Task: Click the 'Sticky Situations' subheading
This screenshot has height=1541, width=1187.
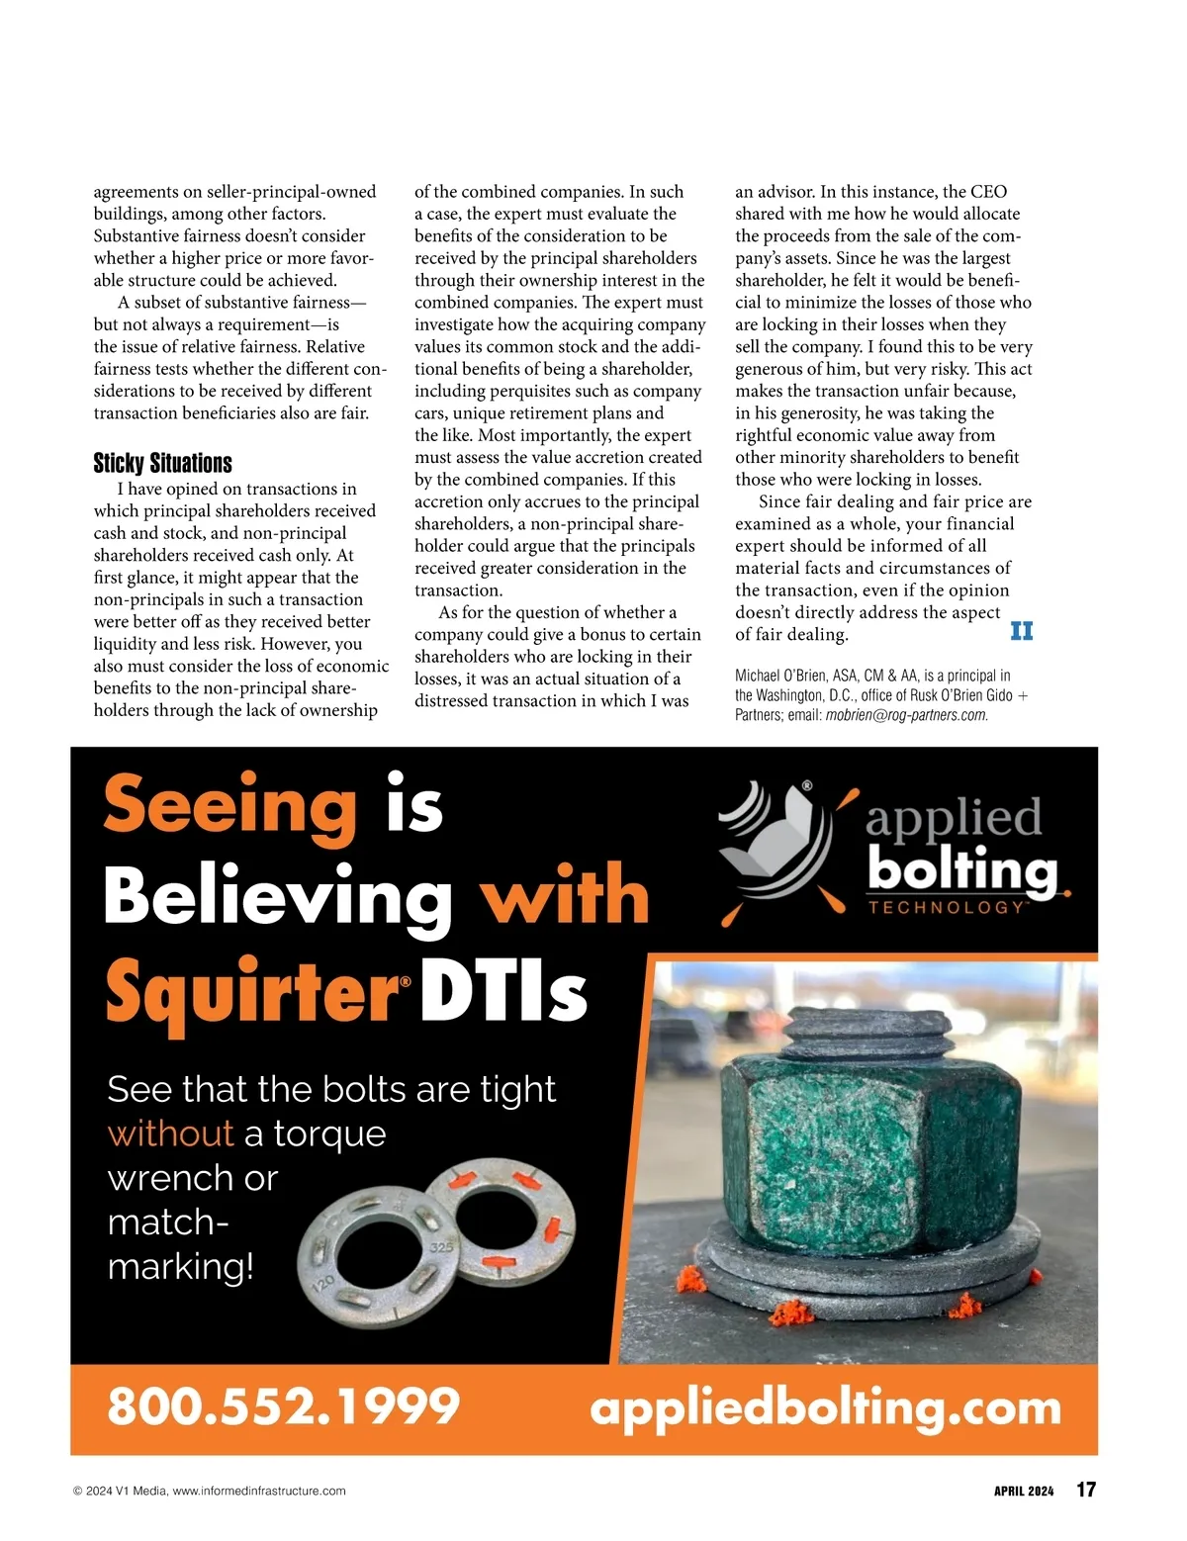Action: click(x=162, y=463)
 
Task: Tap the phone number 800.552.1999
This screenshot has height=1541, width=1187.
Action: click(x=283, y=1405)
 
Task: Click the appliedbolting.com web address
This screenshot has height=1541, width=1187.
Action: click(x=825, y=1407)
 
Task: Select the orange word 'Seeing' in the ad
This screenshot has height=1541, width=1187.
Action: click(x=229, y=806)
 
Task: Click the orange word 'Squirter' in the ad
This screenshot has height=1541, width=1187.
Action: click(x=251, y=990)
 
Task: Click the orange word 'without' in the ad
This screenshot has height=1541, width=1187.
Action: click(x=170, y=1133)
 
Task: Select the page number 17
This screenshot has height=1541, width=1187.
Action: click(x=1085, y=1490)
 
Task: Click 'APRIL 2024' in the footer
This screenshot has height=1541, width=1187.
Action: click(x=1024, y=1491)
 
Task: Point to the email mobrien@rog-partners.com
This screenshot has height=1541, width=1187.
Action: click(x=906, y=715)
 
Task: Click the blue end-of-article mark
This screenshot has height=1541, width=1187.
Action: click(x=1021, y=631)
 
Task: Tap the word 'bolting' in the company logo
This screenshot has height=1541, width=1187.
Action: click(x=961, y=869)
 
